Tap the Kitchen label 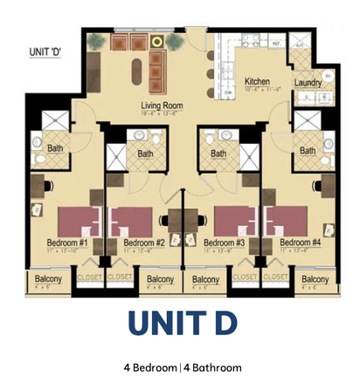[256, 79]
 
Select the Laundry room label [308, 83]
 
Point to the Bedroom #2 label [144, 243]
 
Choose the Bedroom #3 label [224, 243]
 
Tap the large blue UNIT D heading [179, 323]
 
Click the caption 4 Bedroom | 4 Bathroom [179, 367]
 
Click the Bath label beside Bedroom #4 [308, 151]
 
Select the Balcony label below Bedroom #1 [48, 278]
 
